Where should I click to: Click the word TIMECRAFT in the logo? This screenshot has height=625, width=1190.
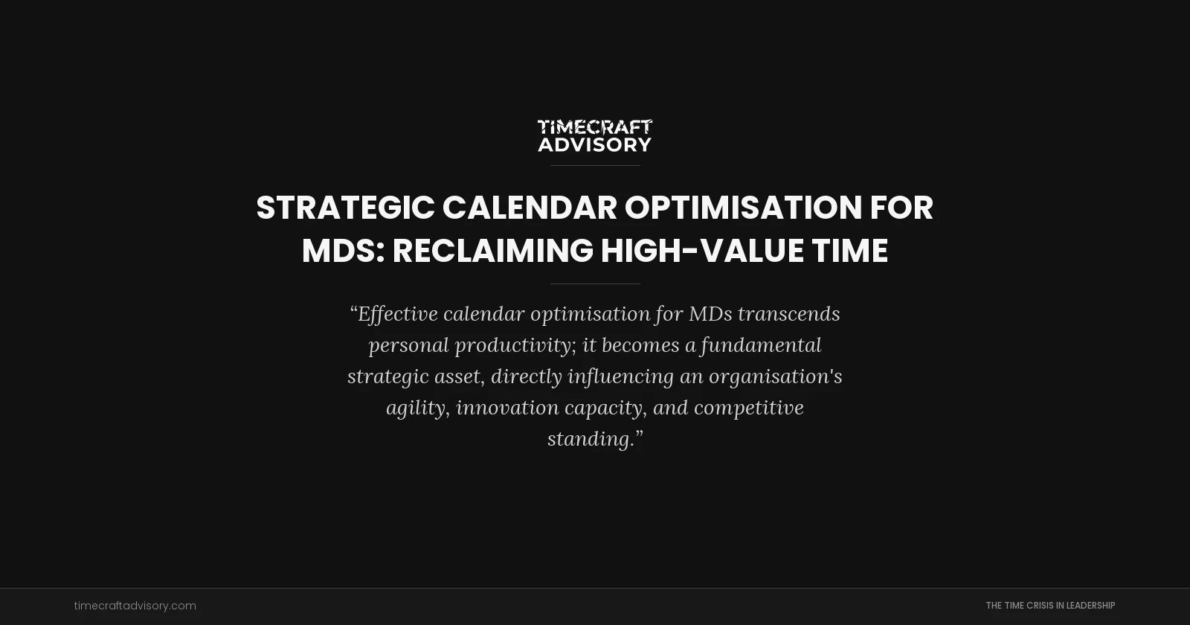594,127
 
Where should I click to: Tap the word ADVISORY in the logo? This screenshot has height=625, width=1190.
594,144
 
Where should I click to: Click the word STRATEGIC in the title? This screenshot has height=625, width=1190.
345,208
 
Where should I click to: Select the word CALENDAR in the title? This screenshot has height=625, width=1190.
530,208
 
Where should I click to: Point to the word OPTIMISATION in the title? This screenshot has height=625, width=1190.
743,208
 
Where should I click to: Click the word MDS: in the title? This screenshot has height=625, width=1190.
343,251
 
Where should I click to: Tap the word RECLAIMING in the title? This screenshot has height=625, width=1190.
492,251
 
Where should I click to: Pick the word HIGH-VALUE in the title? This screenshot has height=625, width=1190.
701,251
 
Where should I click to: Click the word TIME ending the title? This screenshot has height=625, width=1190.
849,251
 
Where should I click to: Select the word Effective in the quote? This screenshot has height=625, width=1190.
398,314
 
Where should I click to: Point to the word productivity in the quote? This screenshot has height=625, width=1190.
513,345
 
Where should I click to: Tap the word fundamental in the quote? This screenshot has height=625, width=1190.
761,345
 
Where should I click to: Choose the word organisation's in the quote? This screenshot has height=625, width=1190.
775,376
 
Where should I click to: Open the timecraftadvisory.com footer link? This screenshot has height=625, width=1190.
135,606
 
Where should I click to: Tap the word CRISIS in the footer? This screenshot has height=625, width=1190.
1034,606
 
